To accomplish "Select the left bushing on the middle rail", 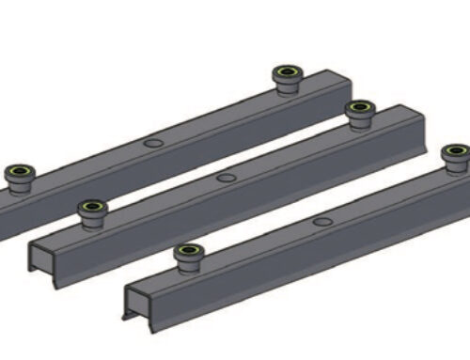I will [92, 210].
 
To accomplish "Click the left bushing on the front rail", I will [187, 255].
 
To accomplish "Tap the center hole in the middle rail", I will [225, 177].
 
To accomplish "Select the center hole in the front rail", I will [322, 222].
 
